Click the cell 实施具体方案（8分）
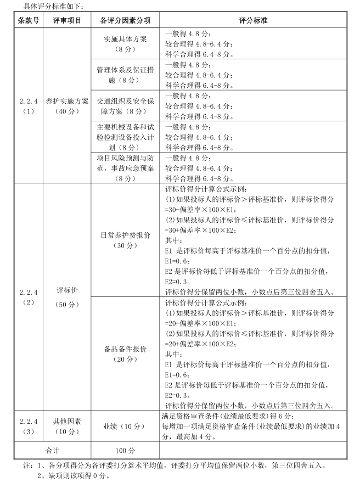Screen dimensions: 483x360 coord(126,43)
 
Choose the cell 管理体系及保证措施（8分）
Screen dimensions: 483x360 coord(126,75)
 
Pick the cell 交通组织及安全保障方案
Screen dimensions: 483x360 coord(126,105)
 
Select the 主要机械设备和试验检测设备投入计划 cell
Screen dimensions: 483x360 coord(126,137)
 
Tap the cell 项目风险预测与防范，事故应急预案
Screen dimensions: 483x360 coord(126,167)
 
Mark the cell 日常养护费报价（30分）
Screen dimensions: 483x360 coord(126,240)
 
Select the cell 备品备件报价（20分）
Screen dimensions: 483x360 coord(126,353)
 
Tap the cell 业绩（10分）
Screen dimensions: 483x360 coord(126,426)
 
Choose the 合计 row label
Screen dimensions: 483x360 coord(53,450)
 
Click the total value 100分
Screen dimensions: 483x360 coord(126,450)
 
